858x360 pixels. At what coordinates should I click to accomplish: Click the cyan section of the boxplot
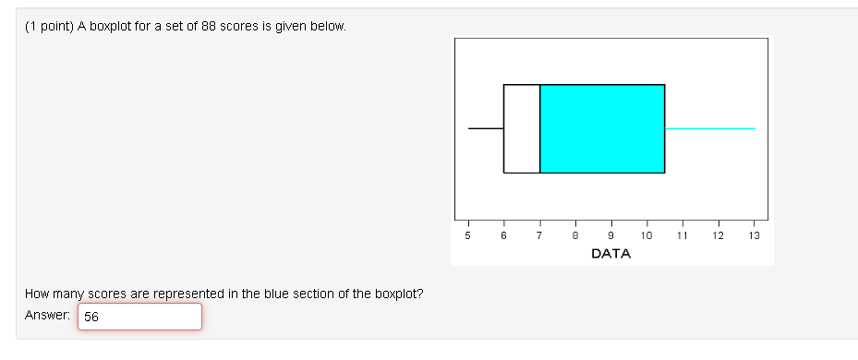click(x=602, y=128)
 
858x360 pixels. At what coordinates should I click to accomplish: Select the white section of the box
click(x=522, y=128)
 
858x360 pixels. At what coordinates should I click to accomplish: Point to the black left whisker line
click(x=486, y=128)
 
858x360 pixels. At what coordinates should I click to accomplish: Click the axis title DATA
click(x=610, y=253)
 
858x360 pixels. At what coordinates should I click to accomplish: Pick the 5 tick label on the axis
click(x=468, y=236)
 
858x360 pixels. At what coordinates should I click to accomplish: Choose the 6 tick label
click(x=503, y=236)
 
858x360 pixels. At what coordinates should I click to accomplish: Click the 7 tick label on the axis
click(x=539, y=236)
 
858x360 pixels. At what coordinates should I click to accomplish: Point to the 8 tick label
click(x=575, y=236)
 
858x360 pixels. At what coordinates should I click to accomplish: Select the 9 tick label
click(x=610, y=236)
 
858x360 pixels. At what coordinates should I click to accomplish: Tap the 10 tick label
click(x=647, y=236)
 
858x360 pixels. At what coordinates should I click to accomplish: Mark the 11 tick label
click(x=683, y=236)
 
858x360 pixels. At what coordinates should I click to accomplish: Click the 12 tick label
click(x=719, y=236)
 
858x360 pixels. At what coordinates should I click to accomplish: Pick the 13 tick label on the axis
click(x=754, y=236)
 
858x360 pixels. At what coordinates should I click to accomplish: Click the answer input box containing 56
click(x=139, y=317)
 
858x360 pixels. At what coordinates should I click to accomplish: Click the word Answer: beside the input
click(x=48, y=316)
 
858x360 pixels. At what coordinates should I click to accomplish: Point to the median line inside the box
click(x=540, y=128)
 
